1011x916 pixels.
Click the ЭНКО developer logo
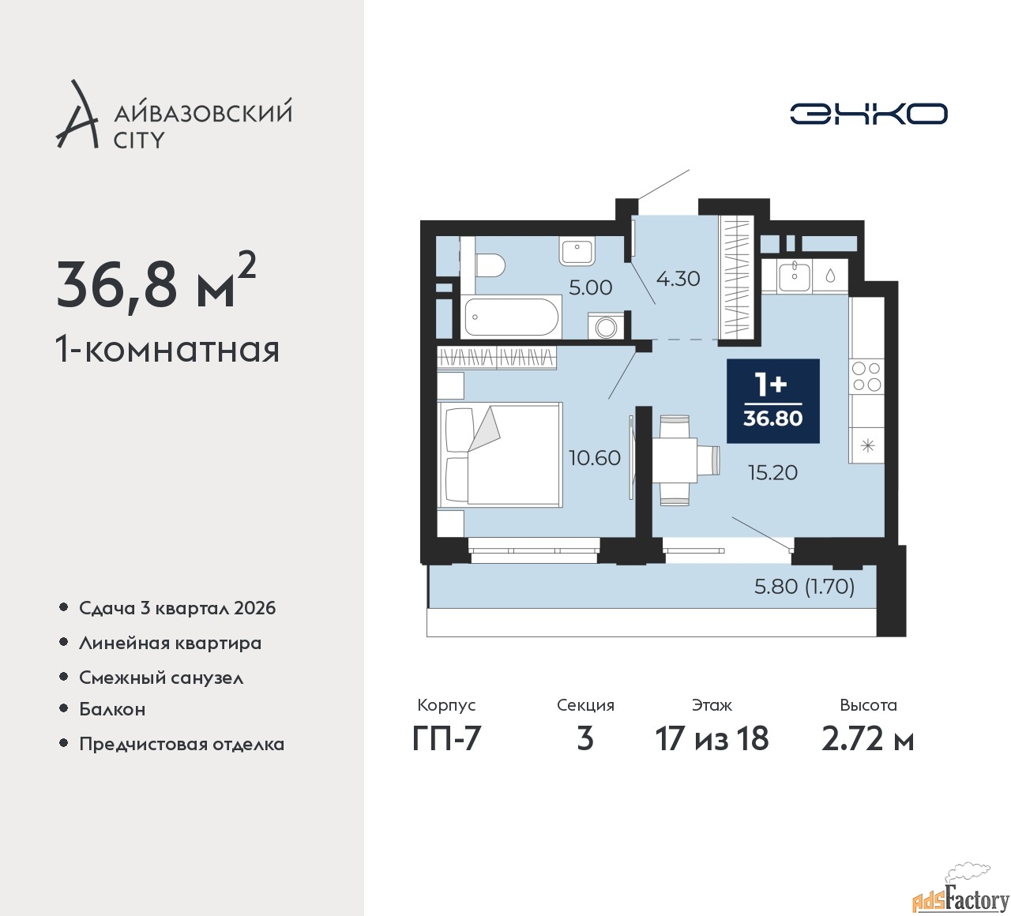click(x=868, y=114)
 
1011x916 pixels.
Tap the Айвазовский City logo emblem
click(x=77, y=115)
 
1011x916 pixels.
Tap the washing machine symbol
click(x=606, y=325)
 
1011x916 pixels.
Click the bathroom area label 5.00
click(x=590, y=287)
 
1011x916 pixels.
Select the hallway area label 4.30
click(x=678, y=279)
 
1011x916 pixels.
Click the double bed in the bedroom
click(x=501, y=454)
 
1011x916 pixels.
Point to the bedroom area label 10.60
click(x=594, y=458)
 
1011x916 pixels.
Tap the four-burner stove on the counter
click(x=866, y=377)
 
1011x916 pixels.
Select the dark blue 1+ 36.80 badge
click(x=772, y=401)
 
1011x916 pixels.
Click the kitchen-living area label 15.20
click(x=772, y=473)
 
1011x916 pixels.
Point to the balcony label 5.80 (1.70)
click(x=804, y=587)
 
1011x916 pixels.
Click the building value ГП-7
click(x=446, y=739)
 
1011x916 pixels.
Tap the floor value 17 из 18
click(x=712, y=739)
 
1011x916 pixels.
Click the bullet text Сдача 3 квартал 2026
click(x=177, y=608)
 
